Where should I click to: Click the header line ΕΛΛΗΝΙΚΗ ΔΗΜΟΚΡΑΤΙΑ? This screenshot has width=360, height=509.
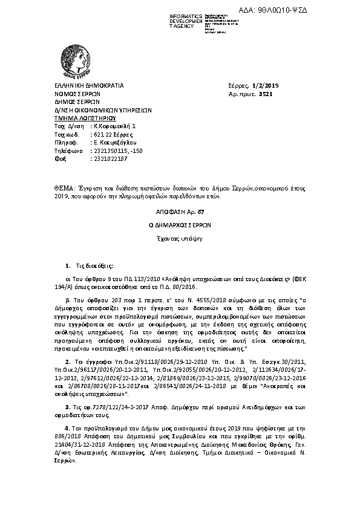coord(88,86)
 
